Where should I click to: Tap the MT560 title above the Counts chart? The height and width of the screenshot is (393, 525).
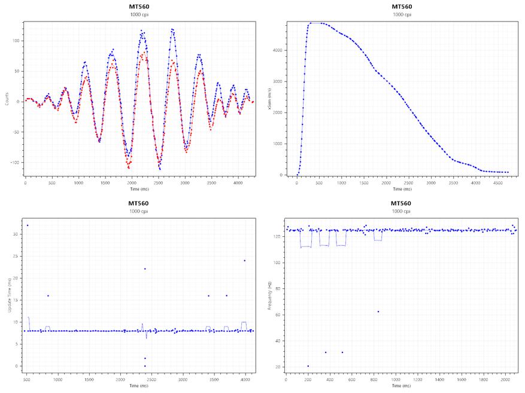tap(138, 7)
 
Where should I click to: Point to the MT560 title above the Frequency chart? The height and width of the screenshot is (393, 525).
tap(401, 203)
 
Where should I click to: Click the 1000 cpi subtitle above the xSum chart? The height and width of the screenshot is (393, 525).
tap(401, 14)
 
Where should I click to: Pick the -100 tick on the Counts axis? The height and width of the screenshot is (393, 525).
tap(17, 162)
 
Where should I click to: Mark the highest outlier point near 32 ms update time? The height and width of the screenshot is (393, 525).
tap(28, 225)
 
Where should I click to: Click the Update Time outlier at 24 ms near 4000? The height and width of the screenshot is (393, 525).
tap(244, 260)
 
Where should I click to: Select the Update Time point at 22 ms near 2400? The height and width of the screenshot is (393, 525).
tap(145, 269)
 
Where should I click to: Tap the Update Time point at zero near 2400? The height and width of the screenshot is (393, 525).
tap(145, 365)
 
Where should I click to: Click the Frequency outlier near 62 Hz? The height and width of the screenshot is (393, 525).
tap(378, 312)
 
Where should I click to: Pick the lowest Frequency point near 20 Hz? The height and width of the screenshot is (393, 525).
tap(308, 366)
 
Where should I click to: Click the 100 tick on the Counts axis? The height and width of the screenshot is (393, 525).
tap(18, 41)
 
